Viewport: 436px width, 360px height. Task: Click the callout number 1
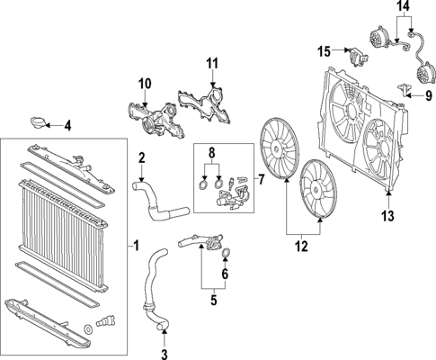pos(137,245)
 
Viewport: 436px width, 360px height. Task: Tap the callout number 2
pos(141,159)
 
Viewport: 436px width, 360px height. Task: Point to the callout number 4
pos(67,125)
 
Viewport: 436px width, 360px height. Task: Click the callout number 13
pos(388,215)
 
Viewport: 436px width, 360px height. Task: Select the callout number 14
pos(402,6)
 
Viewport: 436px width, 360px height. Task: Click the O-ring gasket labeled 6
pos(225,252)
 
